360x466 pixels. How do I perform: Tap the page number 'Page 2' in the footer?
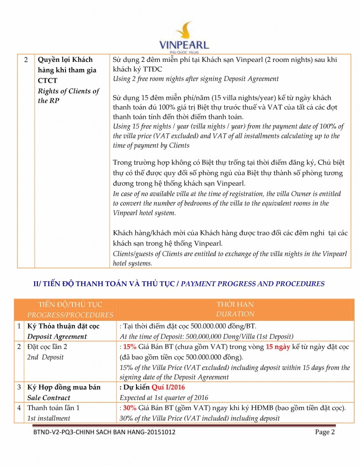click(x=325, y=432)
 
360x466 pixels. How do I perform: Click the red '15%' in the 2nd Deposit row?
click(x=130, y=347)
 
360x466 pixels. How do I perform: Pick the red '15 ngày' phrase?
click(x=279, y=347)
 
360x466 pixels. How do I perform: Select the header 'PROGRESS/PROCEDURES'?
click(x=70, y=314)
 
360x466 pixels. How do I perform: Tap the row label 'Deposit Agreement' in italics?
click(x=57, y=337)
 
